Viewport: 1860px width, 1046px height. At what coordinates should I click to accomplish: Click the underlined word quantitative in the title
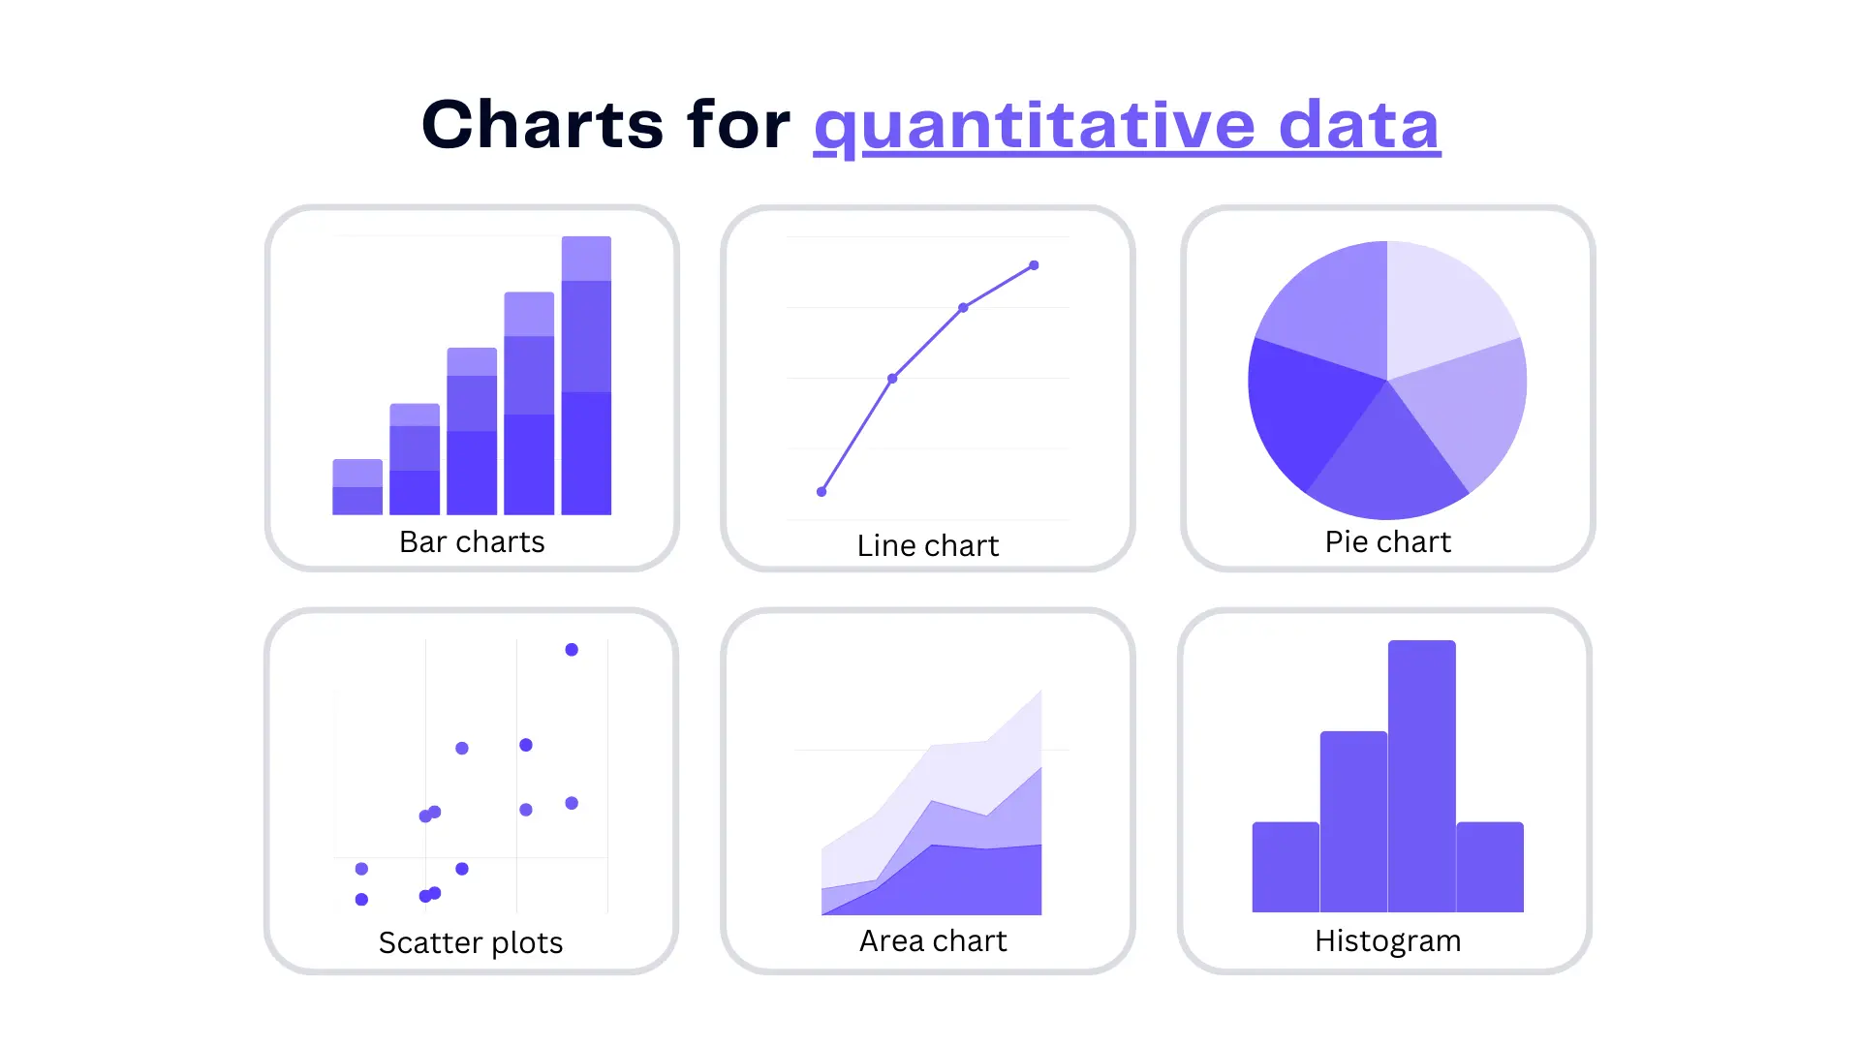point(1035,126)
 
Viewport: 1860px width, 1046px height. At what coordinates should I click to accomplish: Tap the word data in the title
point(1358,126)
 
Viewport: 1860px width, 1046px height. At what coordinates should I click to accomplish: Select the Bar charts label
point(472,542)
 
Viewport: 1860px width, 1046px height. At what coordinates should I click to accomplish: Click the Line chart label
point(927,546)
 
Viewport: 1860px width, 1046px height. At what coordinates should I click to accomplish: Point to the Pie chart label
point(1387,542)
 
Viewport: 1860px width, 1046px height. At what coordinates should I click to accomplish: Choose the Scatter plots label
point(470,943)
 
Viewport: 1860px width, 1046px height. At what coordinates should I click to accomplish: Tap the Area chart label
point(933,941)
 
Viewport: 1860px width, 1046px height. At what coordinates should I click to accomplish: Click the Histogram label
point(1387,941)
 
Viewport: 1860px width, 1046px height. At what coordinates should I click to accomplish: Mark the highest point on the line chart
point(1034,265)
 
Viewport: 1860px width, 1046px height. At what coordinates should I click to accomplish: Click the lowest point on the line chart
point(821,492)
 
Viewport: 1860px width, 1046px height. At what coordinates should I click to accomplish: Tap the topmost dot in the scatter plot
point(572,650)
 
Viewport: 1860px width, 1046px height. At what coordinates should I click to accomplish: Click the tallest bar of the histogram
point(1421,775)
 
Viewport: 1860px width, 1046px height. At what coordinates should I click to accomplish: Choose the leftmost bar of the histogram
point(1286,868)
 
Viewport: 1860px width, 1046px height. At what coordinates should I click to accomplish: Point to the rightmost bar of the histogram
point(1490,868)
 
